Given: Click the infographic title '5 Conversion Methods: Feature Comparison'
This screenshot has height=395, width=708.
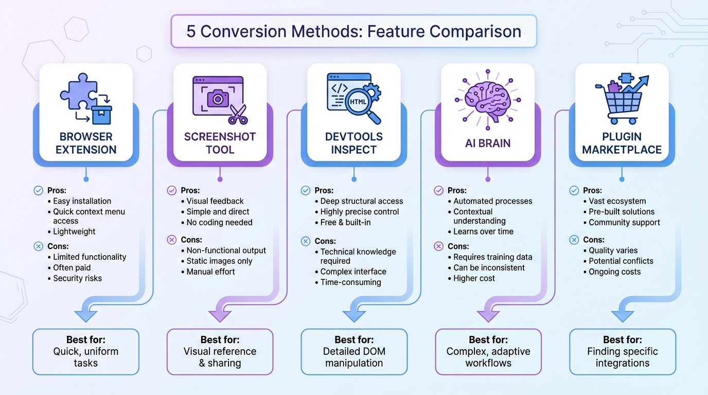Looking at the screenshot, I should coord(353,31).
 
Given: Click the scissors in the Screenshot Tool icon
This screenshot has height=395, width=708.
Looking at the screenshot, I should coord(238,114).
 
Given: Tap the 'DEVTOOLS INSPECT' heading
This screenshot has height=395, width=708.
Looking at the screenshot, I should coord(353,143).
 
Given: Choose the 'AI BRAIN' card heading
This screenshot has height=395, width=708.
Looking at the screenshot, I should coord(488,143).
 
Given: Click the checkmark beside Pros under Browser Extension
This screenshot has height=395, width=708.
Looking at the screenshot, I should coord(39,190).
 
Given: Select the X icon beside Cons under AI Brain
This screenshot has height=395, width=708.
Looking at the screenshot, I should coord(439,246).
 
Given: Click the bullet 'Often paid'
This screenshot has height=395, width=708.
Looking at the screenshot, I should coord(72,267).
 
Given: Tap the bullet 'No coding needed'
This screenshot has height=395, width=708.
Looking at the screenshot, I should coord(219,222).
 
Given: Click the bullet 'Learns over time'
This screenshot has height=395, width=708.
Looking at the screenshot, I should coord(483,231).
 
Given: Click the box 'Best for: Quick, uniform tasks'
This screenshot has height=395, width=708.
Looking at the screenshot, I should coord(86,352).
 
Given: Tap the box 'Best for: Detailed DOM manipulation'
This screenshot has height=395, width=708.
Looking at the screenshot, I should coord(353,352).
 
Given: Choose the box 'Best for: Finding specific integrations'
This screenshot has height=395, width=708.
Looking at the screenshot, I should coord(622,352).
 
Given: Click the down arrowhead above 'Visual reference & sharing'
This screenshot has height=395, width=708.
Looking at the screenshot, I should coord(220,313).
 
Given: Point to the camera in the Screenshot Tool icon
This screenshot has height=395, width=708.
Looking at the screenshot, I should coord(218,97).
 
